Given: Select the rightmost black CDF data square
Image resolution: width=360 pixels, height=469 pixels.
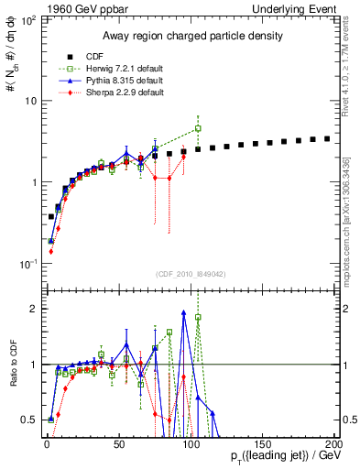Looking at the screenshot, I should pos(327,138).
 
